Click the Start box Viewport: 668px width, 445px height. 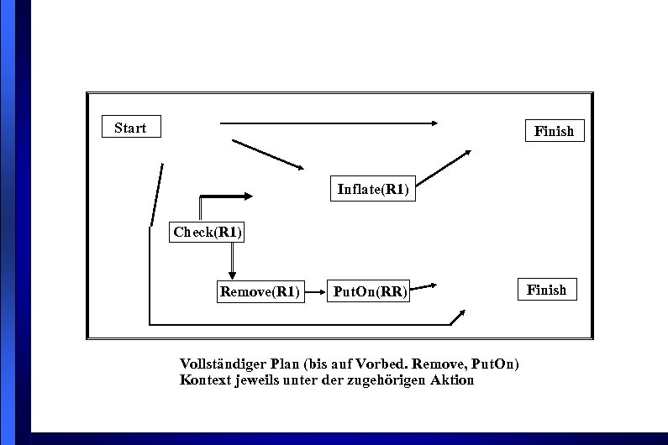click(130, 128)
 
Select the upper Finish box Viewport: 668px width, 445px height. click(554, 131)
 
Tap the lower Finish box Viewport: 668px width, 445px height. click(546, 290)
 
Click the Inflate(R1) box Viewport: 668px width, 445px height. click(372, 189)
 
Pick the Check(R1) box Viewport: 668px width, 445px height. click(208, 232)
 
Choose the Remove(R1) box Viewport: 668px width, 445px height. click(260, 292)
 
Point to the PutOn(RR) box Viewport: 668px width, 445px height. click(369, 292)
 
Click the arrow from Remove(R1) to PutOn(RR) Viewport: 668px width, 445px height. click(315, 292)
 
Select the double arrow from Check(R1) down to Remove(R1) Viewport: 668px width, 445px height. click(232, 263)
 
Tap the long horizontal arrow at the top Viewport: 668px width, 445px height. click(328, 123)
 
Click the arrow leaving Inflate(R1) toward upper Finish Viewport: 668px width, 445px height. click(443, 168)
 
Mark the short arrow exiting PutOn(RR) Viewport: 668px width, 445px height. click(423, 286)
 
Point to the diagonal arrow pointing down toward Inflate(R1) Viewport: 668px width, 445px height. click(267, 154)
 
